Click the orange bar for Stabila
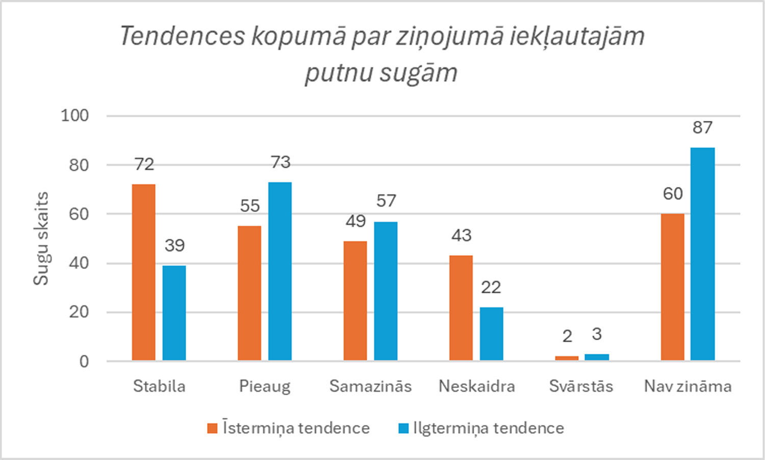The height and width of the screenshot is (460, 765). pyautogui.click(x=143, y=272)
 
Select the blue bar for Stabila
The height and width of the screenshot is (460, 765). pyautogui.click(x=174, y=313)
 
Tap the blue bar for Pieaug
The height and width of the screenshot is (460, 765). pyautogui.click(x=280, y=271)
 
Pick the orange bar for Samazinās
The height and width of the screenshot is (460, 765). pyautogui.click(x=355, y=301)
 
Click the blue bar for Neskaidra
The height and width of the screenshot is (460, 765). pyautogui.click(x=491, y=334)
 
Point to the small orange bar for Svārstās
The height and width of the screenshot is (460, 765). pyautogui.click(x=567, y=359)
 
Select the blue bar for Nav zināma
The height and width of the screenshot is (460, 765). pyautogui.click(x=702, y=254)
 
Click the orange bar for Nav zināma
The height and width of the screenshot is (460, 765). pyautogui.click(x=672, y=287)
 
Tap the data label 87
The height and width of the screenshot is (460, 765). pyautogui.click(x=702, y=127)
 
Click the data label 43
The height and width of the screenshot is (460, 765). pyautogui.click(x=461, y=236)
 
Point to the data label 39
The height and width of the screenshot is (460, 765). pyautogui.click(x=174, y=246)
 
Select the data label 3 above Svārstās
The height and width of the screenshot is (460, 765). pyautogui.click(x=597, y=334)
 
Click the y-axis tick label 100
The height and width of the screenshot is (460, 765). pyautogui.click(x=75, y=116)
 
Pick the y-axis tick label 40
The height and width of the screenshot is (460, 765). pyautogui.click(x=79, y=263)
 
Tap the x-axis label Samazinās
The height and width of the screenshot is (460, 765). pyautogui.click(x=370, y=386)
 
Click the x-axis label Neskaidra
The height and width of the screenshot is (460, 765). pyautogui.click(x=477, y=386)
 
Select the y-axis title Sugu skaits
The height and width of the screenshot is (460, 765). pyautogui.click(x=41, y=238)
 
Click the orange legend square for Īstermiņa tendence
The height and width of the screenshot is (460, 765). pyautogui.click(x=212, y=428)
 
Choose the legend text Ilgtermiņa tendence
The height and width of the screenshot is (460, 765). pyautogui.click(x=488, y=428)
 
